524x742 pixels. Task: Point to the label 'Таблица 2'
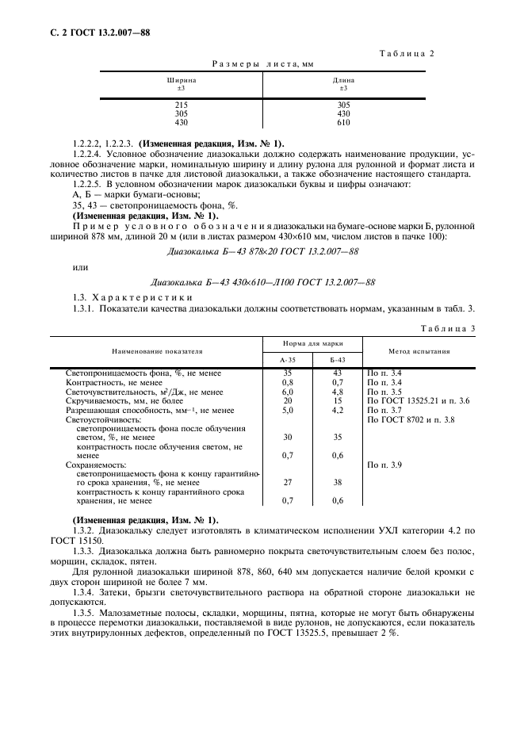[x=407, y=53]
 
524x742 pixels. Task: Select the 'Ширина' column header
[x=181, y=80]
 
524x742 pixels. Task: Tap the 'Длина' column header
[x=342, y=80]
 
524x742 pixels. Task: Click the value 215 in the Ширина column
[x=181, y=105]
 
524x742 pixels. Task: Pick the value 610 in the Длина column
[x=342, y=123]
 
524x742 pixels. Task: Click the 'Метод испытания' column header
[x=419, y=350]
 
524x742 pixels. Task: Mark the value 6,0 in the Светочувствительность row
[x=288, y=392]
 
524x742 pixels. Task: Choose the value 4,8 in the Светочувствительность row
[x=338, y=392]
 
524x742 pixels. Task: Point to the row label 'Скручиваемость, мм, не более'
[x=116, y=401]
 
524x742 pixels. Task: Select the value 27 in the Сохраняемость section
[x=288, y=481]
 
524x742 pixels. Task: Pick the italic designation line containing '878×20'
[x=263, y=251]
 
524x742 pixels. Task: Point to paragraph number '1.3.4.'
[x=85, y=591]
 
